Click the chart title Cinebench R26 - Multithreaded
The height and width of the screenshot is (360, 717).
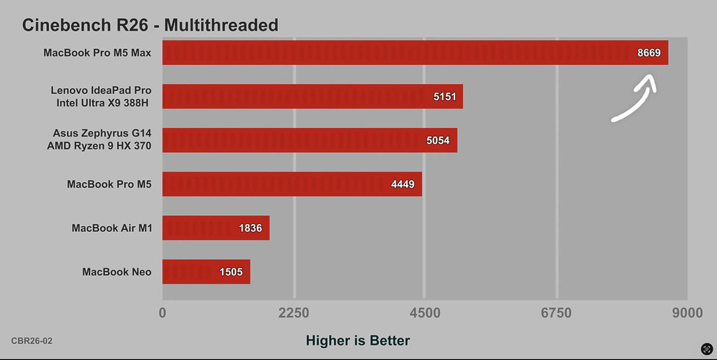pyautogui.click(x=150, y=25)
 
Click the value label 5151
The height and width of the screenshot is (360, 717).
pyautogui.click(x=445, y=97)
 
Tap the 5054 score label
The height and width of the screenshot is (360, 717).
pyautogui.click(x=439, y=141)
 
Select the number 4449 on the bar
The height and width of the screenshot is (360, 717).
pyautogui.click(x=403, y=185)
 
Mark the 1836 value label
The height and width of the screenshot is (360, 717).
pyautogui.click(x=251, y=228)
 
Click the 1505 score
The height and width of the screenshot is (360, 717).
pyautogui.click(x=230, y=272)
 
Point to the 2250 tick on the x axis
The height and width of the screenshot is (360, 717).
pyautogui.click(x=294, y=313)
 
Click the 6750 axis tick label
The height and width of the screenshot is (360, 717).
pyautogui.click(x=557, y=313)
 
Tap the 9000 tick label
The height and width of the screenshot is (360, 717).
pyautogui.click(x=687, y=313)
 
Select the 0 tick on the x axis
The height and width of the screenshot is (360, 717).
pyautogui.click(x=162, y=313)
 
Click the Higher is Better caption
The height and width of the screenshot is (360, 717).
pyautogui.click(x=358, y=340)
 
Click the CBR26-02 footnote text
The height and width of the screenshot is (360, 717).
pyautogui.click(x=32, y=340)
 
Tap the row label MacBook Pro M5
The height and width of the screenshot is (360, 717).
pyautogui.click(x=109, y=184)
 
